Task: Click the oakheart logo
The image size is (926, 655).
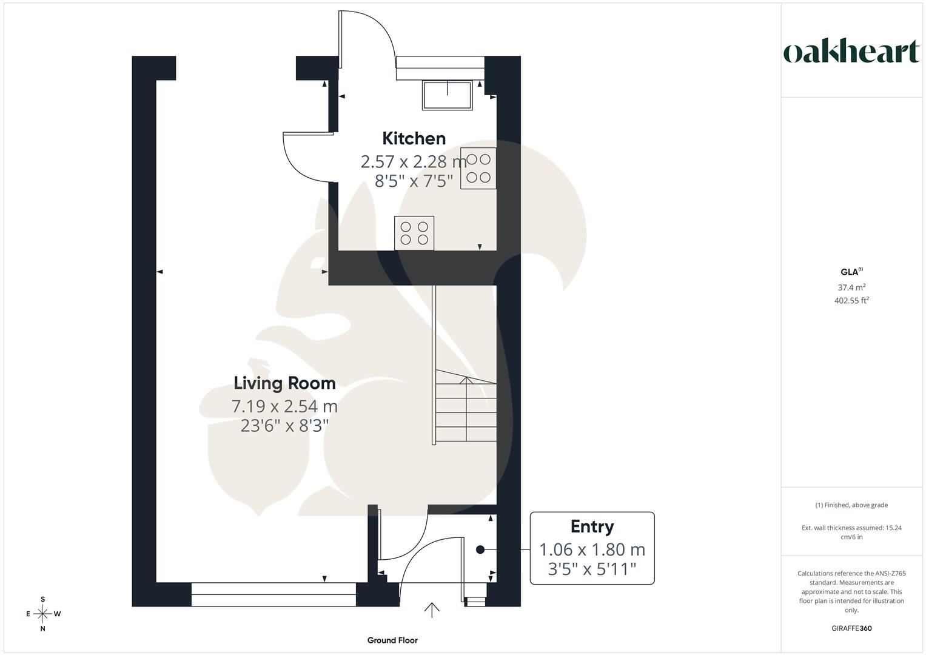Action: click(851, 52)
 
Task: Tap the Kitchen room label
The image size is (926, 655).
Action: click(414, 138)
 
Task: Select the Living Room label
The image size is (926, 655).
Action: click(284, 383)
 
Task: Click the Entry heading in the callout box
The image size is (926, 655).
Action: click(592, 526)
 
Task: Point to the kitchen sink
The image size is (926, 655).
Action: click(448, 95)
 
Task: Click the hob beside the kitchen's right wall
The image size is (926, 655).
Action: click(478, 168)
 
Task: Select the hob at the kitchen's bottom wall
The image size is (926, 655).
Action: click(414, 233)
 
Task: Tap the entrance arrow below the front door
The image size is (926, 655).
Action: click(432, 610)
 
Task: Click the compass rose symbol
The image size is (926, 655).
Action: click(42, 614)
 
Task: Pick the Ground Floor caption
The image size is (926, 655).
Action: click(392, 640)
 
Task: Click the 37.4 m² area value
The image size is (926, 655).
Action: click(851, 287)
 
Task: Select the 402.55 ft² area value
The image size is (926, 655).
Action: click(851, 300)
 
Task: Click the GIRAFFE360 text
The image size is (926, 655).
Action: click(851, 628)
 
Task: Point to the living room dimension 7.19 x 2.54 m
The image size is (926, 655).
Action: click(284, 406)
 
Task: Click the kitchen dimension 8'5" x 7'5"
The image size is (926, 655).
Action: click(414, 181)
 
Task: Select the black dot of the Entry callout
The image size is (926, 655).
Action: click(480, 549)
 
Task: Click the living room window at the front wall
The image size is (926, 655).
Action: click(273, 594)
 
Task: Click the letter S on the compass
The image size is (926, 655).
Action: click(42, 599)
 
